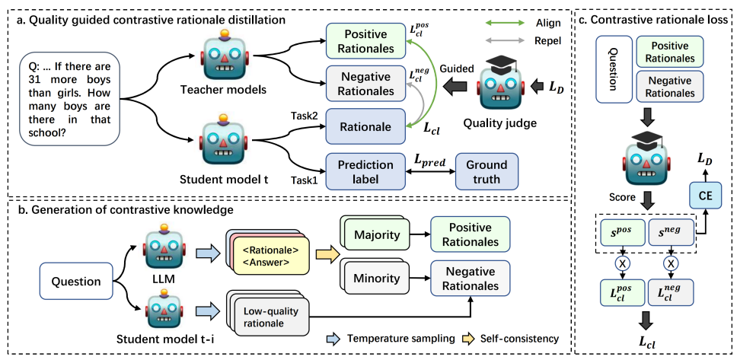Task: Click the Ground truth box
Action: click(487, 171)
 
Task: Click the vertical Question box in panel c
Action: click(613, 70)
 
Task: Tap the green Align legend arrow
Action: click(504, 23)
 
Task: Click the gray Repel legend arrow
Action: click(504, 41)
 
